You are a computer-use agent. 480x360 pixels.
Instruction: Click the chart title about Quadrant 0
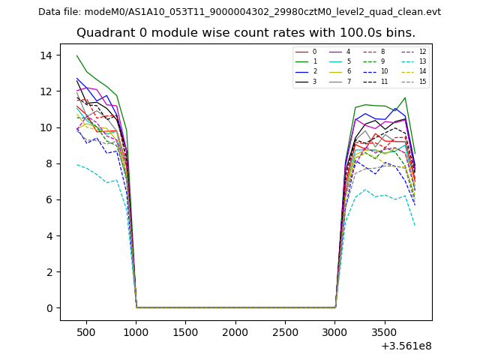(245, 33)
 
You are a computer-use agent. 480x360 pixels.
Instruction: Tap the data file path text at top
(239, 12)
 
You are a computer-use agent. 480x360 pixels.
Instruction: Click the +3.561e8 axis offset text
(406, 346)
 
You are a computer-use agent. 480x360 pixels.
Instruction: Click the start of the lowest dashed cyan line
(76, 164)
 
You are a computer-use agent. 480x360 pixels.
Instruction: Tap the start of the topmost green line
(76, 55)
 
